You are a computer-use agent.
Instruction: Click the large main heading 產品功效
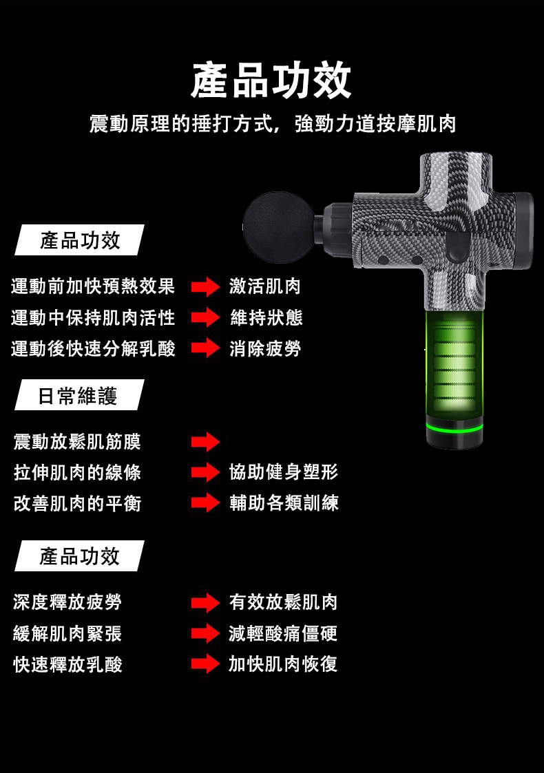point(271,81)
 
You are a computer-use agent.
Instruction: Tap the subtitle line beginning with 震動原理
point(273,123)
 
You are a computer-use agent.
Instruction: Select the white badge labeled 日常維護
point(79,395)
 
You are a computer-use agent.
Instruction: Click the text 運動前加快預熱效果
point(93,286)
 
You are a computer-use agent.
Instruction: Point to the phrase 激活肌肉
point(265,286)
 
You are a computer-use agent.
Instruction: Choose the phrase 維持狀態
point(266,317)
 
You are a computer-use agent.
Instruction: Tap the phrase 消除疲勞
point(265,348)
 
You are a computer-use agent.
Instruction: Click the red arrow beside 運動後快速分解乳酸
point(206,348)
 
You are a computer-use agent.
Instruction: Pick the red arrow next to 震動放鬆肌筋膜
point(206,442)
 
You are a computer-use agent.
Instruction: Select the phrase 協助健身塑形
point(284,472)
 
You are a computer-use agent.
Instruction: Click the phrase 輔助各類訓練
point(284,503)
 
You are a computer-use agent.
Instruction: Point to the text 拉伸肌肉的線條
point(77,472)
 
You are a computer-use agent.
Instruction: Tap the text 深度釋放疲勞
point(67,602)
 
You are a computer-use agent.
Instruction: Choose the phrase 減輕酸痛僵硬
point(283,633)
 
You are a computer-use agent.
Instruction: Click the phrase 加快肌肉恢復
point(283,664)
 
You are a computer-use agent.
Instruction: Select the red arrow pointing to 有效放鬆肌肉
point(206,602)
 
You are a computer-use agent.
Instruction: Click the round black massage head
point(279,227)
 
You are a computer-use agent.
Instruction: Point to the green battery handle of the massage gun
point(454,365)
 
